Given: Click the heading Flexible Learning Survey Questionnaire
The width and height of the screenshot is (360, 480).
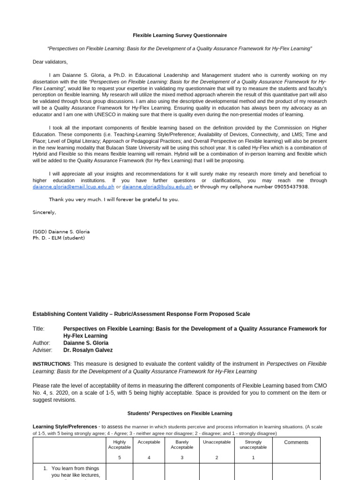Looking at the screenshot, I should coord(180,35).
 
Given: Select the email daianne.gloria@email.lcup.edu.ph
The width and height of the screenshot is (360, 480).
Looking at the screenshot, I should coord(73,187).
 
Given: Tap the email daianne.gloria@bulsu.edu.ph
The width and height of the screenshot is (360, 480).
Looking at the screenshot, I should coord(157,187).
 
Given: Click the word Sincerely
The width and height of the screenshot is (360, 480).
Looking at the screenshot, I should coord(44,212).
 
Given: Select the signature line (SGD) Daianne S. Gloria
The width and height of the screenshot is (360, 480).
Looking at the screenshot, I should coord(61,232).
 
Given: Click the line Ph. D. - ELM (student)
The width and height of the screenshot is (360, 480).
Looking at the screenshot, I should coord(59,238).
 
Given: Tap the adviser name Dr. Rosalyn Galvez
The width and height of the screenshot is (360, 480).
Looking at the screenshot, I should coord(88,350).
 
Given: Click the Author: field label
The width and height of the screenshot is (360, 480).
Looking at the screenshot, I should coord(41,343).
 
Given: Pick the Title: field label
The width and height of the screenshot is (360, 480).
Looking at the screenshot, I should coord(38,329).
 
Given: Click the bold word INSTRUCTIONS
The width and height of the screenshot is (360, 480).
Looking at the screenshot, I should coord(51,364).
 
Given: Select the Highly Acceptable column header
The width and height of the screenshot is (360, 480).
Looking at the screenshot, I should coord(120,444).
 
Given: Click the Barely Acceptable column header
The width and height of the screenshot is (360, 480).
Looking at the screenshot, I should coord(182,444).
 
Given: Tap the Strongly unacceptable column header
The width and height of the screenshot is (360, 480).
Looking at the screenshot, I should coord(253,444).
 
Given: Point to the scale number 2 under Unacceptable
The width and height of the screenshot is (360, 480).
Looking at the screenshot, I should coord(217,458).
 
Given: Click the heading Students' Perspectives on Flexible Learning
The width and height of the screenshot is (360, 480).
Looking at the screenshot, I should coord(180,413).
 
